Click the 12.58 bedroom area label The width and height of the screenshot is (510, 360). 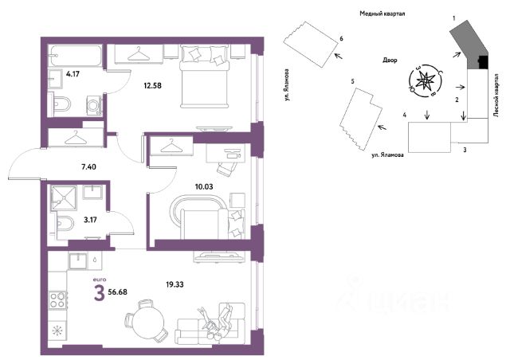coord(152,86)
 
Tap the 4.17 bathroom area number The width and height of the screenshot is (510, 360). coord(73,74)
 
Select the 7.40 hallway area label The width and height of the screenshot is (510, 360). coord(88,166)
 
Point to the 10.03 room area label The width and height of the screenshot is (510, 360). coord(204,186)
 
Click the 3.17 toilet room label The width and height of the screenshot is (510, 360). coord(90,220)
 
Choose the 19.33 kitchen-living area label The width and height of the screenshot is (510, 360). coord(175,284)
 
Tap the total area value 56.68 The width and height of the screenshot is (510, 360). coord(117,292)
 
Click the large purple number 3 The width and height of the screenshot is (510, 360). coord(99,292)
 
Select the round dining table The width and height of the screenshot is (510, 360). coord(148,323)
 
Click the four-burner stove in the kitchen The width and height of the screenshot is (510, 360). coord(58,300)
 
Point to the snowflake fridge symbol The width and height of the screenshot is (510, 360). coord(57,331)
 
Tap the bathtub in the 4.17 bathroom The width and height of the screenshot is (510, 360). coord(75,56)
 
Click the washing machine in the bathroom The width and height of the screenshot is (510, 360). coord(94,105)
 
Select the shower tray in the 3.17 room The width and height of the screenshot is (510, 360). coord(64,198)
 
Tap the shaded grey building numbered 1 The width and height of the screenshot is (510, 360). coord(469,45)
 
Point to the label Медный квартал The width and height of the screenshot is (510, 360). coord(382,14)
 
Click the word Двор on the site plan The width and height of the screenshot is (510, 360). coord(390,61)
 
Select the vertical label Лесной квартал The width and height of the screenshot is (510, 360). coord(496,95)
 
